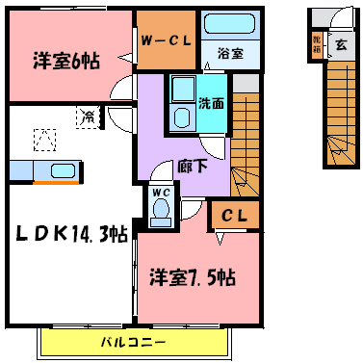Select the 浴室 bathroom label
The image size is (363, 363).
(x=229, y=54)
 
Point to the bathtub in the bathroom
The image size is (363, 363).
(x=229, y=27)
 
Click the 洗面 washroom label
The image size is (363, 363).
(x=211, y=101)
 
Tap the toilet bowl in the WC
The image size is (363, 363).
(x=161, y=209)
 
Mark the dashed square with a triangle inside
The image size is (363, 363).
(x=43, y=140)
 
